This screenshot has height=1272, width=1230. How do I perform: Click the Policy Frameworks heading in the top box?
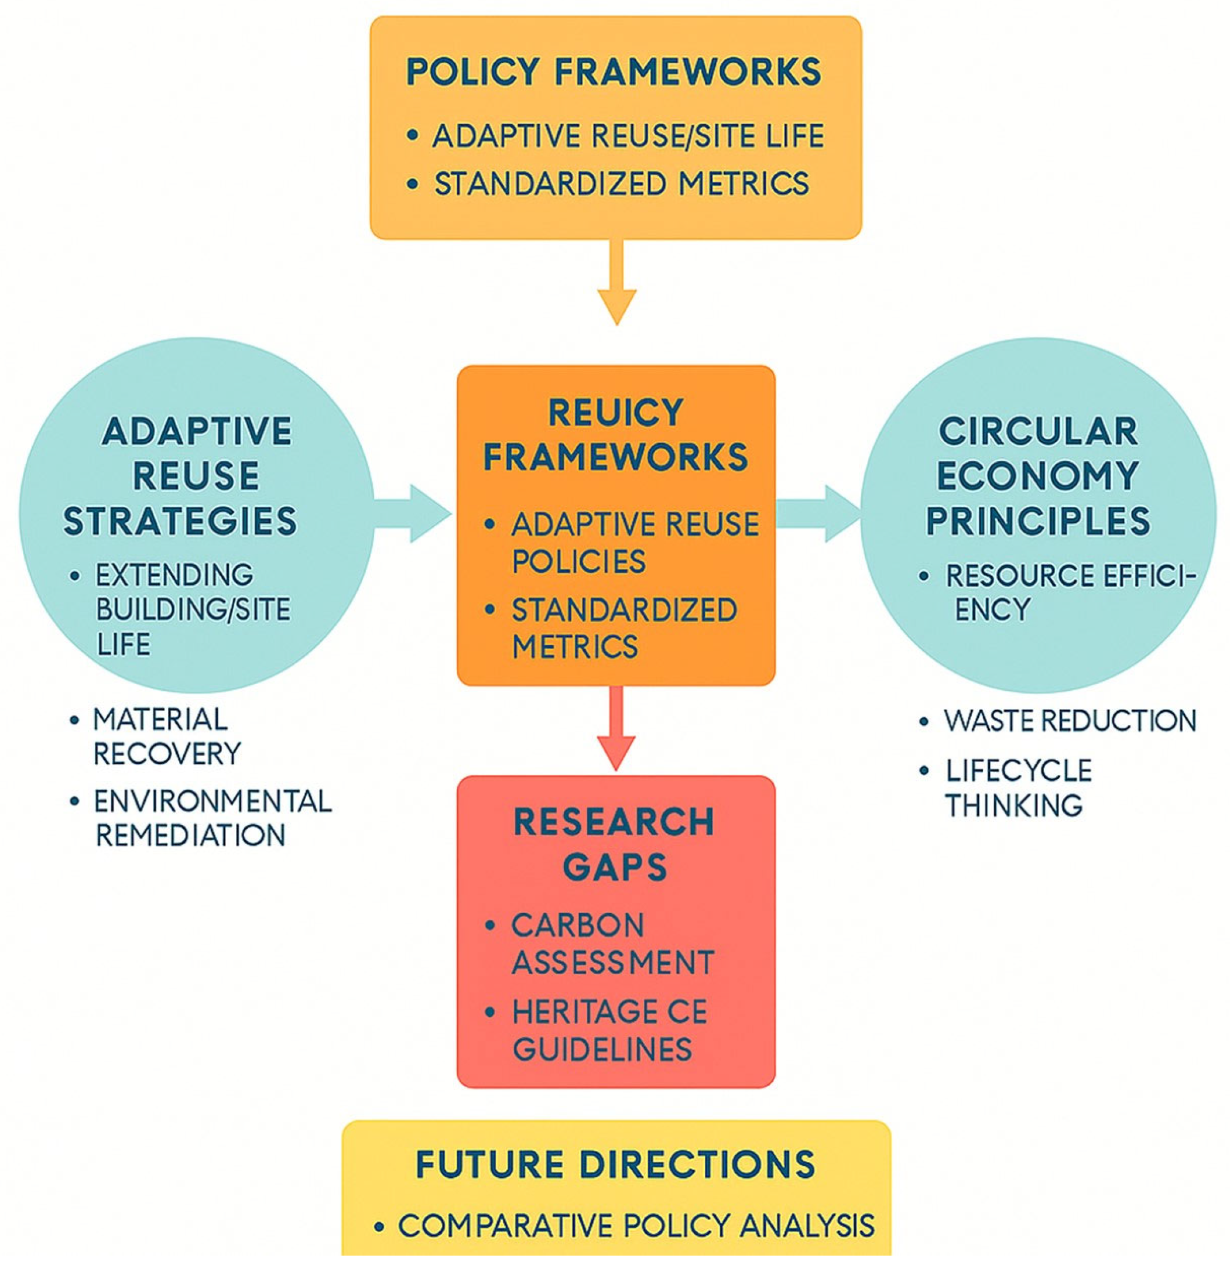pyautogui.click(x=614, y=71)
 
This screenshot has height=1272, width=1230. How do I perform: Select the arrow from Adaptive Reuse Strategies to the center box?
pyautogui.click(x=413, y=515)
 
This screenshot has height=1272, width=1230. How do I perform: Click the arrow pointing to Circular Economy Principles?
pyautogui.click(x=819, y=513)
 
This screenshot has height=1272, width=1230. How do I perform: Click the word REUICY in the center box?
pyautogui.click(x=615, y=413)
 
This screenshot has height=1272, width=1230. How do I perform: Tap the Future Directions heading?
pyautogui.click(x=615, y=1164)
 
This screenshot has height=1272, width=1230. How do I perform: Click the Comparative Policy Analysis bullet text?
pyautogui.click(x=636, y=1226)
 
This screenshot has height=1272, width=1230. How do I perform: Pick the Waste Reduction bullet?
pyautogui.click(x=1070, y=721)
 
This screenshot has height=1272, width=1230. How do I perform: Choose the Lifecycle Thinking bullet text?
pyautogui.click(x=1017, y=788)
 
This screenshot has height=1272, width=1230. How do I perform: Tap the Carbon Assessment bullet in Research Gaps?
pyautogui.click(x=612, y=944)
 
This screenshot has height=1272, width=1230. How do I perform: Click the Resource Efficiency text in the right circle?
pyautogui.click(x=1069, y=592)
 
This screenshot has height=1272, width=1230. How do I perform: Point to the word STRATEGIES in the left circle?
pyautogui.click(x=180, y=520)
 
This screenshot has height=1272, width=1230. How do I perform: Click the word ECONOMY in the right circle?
pyautogui.click(x=1038, y=476)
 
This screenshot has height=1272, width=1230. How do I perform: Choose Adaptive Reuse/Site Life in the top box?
pyautogui.click(x=628, y=136)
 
